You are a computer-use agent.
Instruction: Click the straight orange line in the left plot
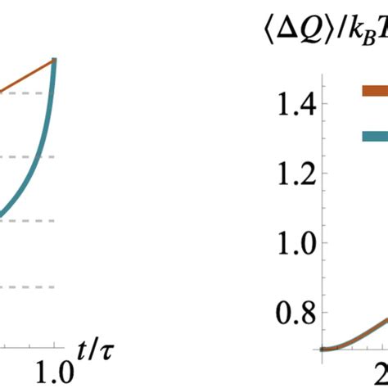tap(25, 77)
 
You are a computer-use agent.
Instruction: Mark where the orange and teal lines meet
tap(54, 60)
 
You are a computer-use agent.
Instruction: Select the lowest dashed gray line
tap(25, 286)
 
